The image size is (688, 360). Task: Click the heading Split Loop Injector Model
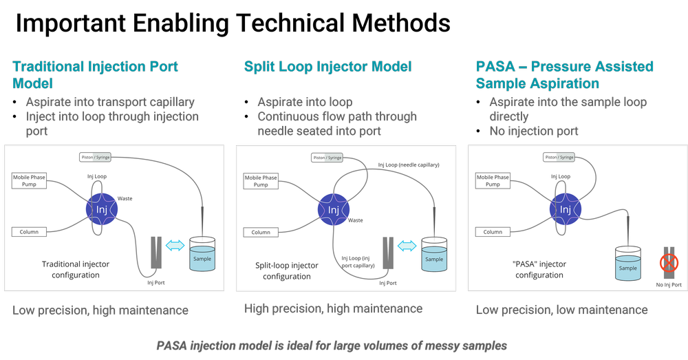(x=327, y=67)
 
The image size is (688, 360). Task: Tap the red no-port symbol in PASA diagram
(x=668, y=263)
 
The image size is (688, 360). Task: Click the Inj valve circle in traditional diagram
(x=102, y=209)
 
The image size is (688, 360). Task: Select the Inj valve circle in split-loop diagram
(x=334, y=209)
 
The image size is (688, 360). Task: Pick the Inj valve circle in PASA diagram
(x=566, y=209)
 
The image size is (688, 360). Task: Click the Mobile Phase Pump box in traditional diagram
(x=29, y=181)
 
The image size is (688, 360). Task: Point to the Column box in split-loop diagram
(x=261, y=232)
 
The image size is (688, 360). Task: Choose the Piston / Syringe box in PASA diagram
(x=559, y=157)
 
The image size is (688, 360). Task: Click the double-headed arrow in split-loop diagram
(x=408, y=244)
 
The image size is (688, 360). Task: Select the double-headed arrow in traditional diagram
(x=176, y=244)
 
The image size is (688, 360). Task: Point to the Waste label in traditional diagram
(x=125, y=198)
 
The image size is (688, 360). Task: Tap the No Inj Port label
(x=668, y=284)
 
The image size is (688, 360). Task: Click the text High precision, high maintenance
(x=333, y=309)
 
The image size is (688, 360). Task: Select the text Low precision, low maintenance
(x=561, y=310)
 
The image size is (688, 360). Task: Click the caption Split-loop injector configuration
(x=287, y=271)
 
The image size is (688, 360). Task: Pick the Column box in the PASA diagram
(x=493, y=232)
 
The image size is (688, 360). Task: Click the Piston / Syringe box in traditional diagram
(x=95, y=157)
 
